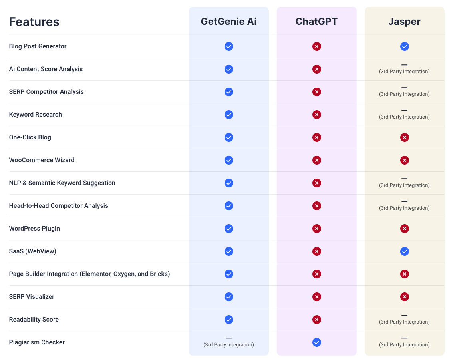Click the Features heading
(34, 22)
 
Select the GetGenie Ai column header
(228, 21)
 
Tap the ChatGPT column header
(316, 21)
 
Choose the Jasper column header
(404, 21)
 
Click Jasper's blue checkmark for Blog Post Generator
(404, 46)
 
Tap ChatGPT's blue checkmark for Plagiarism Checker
(316, 342)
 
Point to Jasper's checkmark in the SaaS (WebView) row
(404, 251)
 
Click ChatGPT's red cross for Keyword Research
(316, 115)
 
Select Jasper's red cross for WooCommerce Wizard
(404, 160)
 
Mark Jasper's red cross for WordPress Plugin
(404, 229)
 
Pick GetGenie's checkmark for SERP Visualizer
(228, 297)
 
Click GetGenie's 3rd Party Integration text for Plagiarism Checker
(228, 345)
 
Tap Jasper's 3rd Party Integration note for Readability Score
(404, 322)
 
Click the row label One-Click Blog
(30, 137)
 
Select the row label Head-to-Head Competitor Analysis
(59, 206)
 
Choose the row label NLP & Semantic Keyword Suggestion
(62, 183)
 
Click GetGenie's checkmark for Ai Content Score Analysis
(228, 69)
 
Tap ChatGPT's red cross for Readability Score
(316, 320)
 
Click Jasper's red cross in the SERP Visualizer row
(404, 297)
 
